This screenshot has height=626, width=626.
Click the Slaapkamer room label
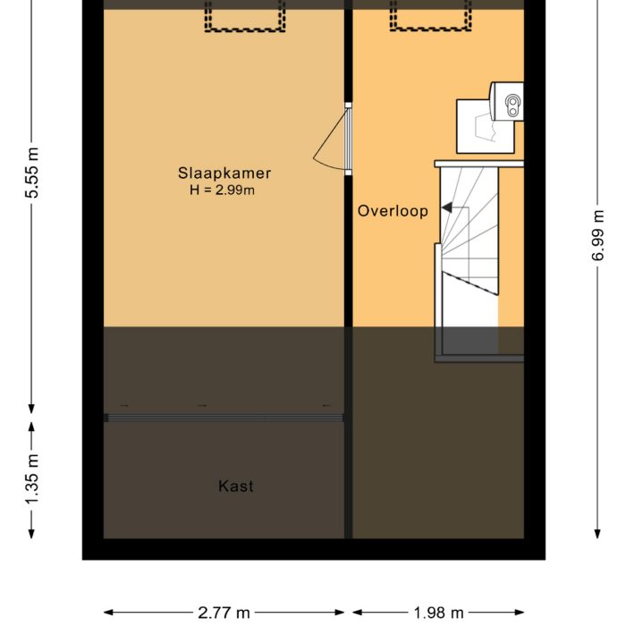click(224, 173)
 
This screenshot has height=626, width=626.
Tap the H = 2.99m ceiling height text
click(223, 190)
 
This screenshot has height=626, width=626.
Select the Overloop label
click(393, 211)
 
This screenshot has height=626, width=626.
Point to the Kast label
click(236, 486)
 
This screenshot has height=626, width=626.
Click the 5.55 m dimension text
click(32, 173)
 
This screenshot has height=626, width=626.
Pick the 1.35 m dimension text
click(32, 478)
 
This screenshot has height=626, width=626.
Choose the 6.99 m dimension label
click(597, 235)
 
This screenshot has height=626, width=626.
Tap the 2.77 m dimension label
click(224, 612)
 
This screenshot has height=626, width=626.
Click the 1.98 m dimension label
click(438, 612)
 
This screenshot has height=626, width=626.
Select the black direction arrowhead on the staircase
click(446, 207)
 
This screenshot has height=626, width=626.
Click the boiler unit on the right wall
click(507, 101)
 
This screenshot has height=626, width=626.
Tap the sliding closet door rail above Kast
click(224, 418)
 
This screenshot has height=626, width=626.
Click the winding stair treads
click(469, 232)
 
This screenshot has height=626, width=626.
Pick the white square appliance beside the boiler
click(485, 127)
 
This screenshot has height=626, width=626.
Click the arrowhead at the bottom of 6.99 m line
click(597, 534)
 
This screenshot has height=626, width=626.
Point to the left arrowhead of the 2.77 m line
click(109, 613)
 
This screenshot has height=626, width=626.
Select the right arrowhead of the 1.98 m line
click(519, 613)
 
